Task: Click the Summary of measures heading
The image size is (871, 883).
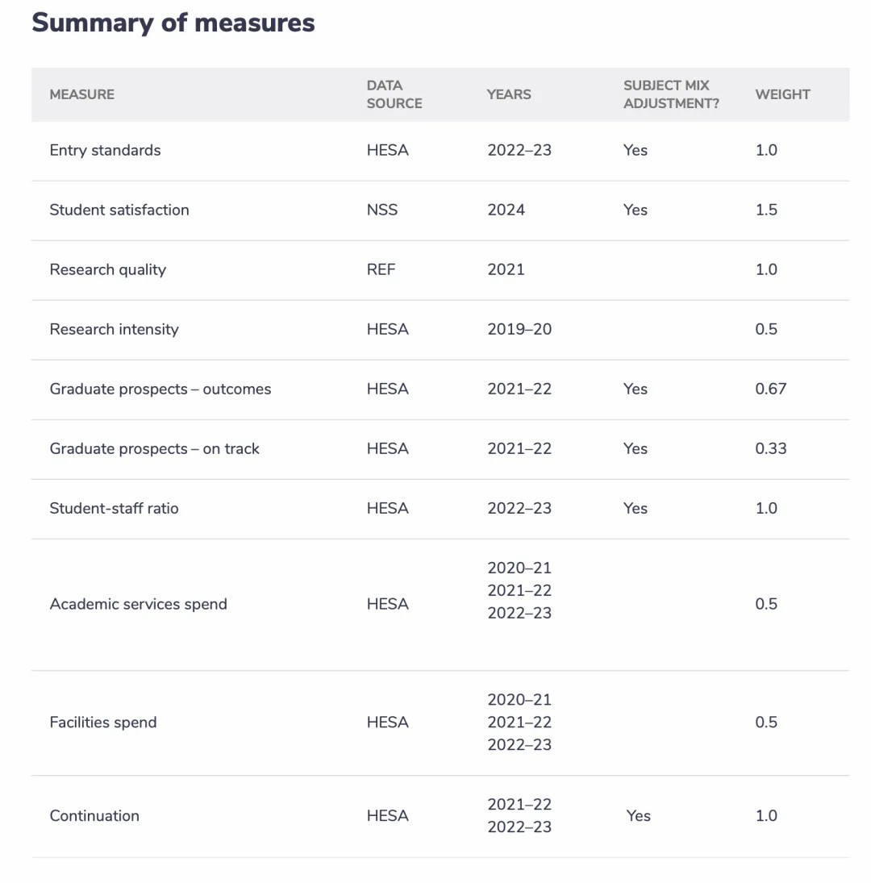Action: (173, 23)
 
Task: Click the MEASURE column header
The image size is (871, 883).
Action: (82, 94)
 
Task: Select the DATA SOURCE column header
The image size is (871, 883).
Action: (394, 94)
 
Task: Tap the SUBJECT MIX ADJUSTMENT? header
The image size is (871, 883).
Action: (671, 94)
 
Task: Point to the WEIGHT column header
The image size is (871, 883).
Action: (782, 94)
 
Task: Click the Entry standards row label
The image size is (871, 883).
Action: (106, 150)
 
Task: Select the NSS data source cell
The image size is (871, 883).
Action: (382, 210)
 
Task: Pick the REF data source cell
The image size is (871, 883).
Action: (381, 270)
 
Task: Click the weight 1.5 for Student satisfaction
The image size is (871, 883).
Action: (766, 210)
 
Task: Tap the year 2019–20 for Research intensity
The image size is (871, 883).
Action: (519, 330)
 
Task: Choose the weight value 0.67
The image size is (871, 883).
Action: (771, 389)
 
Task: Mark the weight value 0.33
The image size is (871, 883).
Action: (771, 449)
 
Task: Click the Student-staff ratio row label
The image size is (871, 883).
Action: (115, 509)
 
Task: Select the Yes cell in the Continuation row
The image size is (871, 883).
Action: (639, 816)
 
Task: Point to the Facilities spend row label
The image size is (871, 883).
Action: (103, 723)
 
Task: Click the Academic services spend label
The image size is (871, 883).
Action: (139, 604)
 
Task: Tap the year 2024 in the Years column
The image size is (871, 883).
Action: (506, 210)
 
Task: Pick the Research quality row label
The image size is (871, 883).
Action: (108, 270)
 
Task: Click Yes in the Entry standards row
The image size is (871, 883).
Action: (636, 150)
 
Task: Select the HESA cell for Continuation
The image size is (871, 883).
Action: (388, 816)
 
